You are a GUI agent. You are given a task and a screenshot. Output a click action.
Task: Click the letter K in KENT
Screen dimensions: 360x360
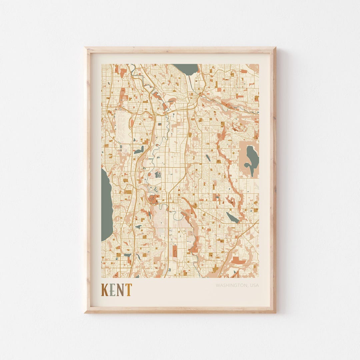105,290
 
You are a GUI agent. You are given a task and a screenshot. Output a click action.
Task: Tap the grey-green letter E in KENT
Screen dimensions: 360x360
113,290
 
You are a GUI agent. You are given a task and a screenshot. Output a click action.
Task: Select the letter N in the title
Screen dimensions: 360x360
120,290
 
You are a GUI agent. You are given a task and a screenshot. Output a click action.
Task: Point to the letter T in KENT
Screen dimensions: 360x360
128,290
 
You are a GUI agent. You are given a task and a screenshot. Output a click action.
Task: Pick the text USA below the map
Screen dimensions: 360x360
254,285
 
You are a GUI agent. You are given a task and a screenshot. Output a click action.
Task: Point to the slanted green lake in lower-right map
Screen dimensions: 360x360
232,218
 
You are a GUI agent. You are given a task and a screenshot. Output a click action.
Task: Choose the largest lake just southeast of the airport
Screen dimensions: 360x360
139,150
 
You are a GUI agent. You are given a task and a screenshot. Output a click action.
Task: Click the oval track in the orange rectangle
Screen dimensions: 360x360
175,252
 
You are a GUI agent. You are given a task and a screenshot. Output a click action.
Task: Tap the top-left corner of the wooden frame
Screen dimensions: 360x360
85,48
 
